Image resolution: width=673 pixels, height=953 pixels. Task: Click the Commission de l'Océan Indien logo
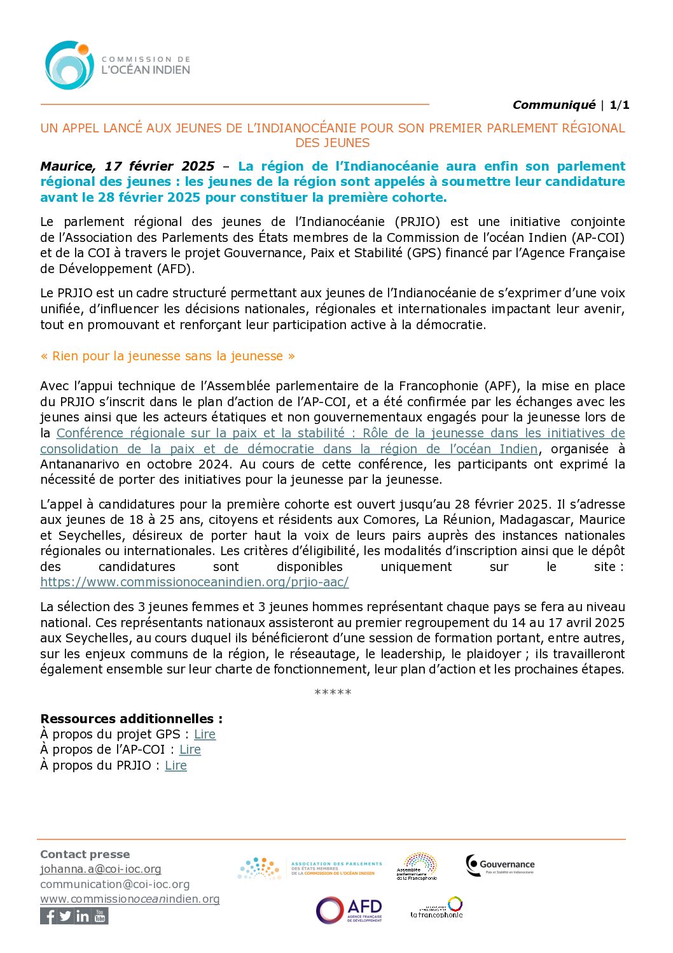(x=117, y=65)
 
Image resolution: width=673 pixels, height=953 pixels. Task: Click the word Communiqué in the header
(x=553, y=105)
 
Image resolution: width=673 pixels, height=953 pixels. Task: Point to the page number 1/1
(x=620, y=105)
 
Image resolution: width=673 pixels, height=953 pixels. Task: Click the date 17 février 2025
(x=160, y=166)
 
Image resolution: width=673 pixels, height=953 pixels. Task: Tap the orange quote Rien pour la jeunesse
(x=168, y=356)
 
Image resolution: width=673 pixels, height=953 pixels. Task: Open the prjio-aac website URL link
(x=194, y=582)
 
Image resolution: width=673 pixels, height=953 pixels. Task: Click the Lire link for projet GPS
(x=205, y=734)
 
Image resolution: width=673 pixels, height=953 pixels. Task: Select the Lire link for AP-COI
(x=190, y=749)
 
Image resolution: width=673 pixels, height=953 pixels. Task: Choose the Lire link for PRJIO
(x=176, y=765)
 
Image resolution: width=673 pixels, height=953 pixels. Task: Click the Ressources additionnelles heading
(x=131, y=719)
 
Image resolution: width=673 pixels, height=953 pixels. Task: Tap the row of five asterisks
(x=333, y=692)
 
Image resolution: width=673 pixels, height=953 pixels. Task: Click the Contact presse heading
(x=85, y=854)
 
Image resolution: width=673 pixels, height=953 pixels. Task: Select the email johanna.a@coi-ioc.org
(x=101, y=869)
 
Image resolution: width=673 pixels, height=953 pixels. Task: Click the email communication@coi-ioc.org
(x=114, y=884)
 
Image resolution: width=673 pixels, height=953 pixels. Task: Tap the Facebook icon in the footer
(x=48, y=916)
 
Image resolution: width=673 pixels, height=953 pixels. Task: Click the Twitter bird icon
(x=66, y=916)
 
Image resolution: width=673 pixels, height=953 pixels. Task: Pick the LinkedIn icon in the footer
(x=83, y=916)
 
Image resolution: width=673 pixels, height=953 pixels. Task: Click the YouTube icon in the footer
(x=100, y=916)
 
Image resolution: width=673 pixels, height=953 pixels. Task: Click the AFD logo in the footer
(x=349, y=910)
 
